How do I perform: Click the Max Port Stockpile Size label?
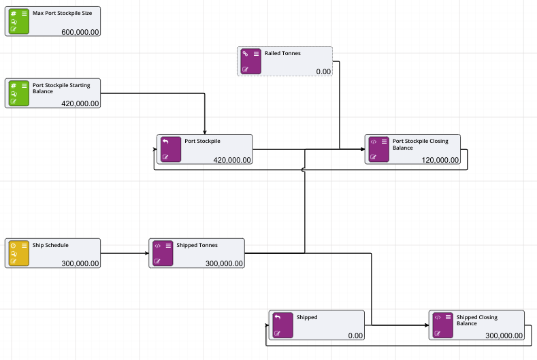(62, 12)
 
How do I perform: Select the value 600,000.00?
(80, 32)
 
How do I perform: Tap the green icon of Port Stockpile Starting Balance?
(17, 93)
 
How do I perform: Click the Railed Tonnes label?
(282, 53)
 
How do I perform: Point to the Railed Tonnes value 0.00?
(323, 71)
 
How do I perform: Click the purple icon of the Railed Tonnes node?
(249, 61)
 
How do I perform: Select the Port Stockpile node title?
(202, 141)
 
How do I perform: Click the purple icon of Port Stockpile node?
(169, 148)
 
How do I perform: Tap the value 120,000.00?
(440, 160)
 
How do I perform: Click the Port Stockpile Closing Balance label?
(420, 144)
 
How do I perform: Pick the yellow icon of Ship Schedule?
(17, 252)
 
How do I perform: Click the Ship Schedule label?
(50, 245)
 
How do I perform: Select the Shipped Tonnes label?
(197, 245)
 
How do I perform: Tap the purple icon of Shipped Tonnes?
(161, 252)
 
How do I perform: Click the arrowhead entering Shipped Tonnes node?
(146, 254)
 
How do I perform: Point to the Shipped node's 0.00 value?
(355, 336)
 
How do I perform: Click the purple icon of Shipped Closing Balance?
(441, 325)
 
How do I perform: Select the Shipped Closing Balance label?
(476, 320)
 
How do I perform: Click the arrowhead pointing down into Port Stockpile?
(205, 131)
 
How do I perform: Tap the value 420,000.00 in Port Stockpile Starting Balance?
(80, 103)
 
